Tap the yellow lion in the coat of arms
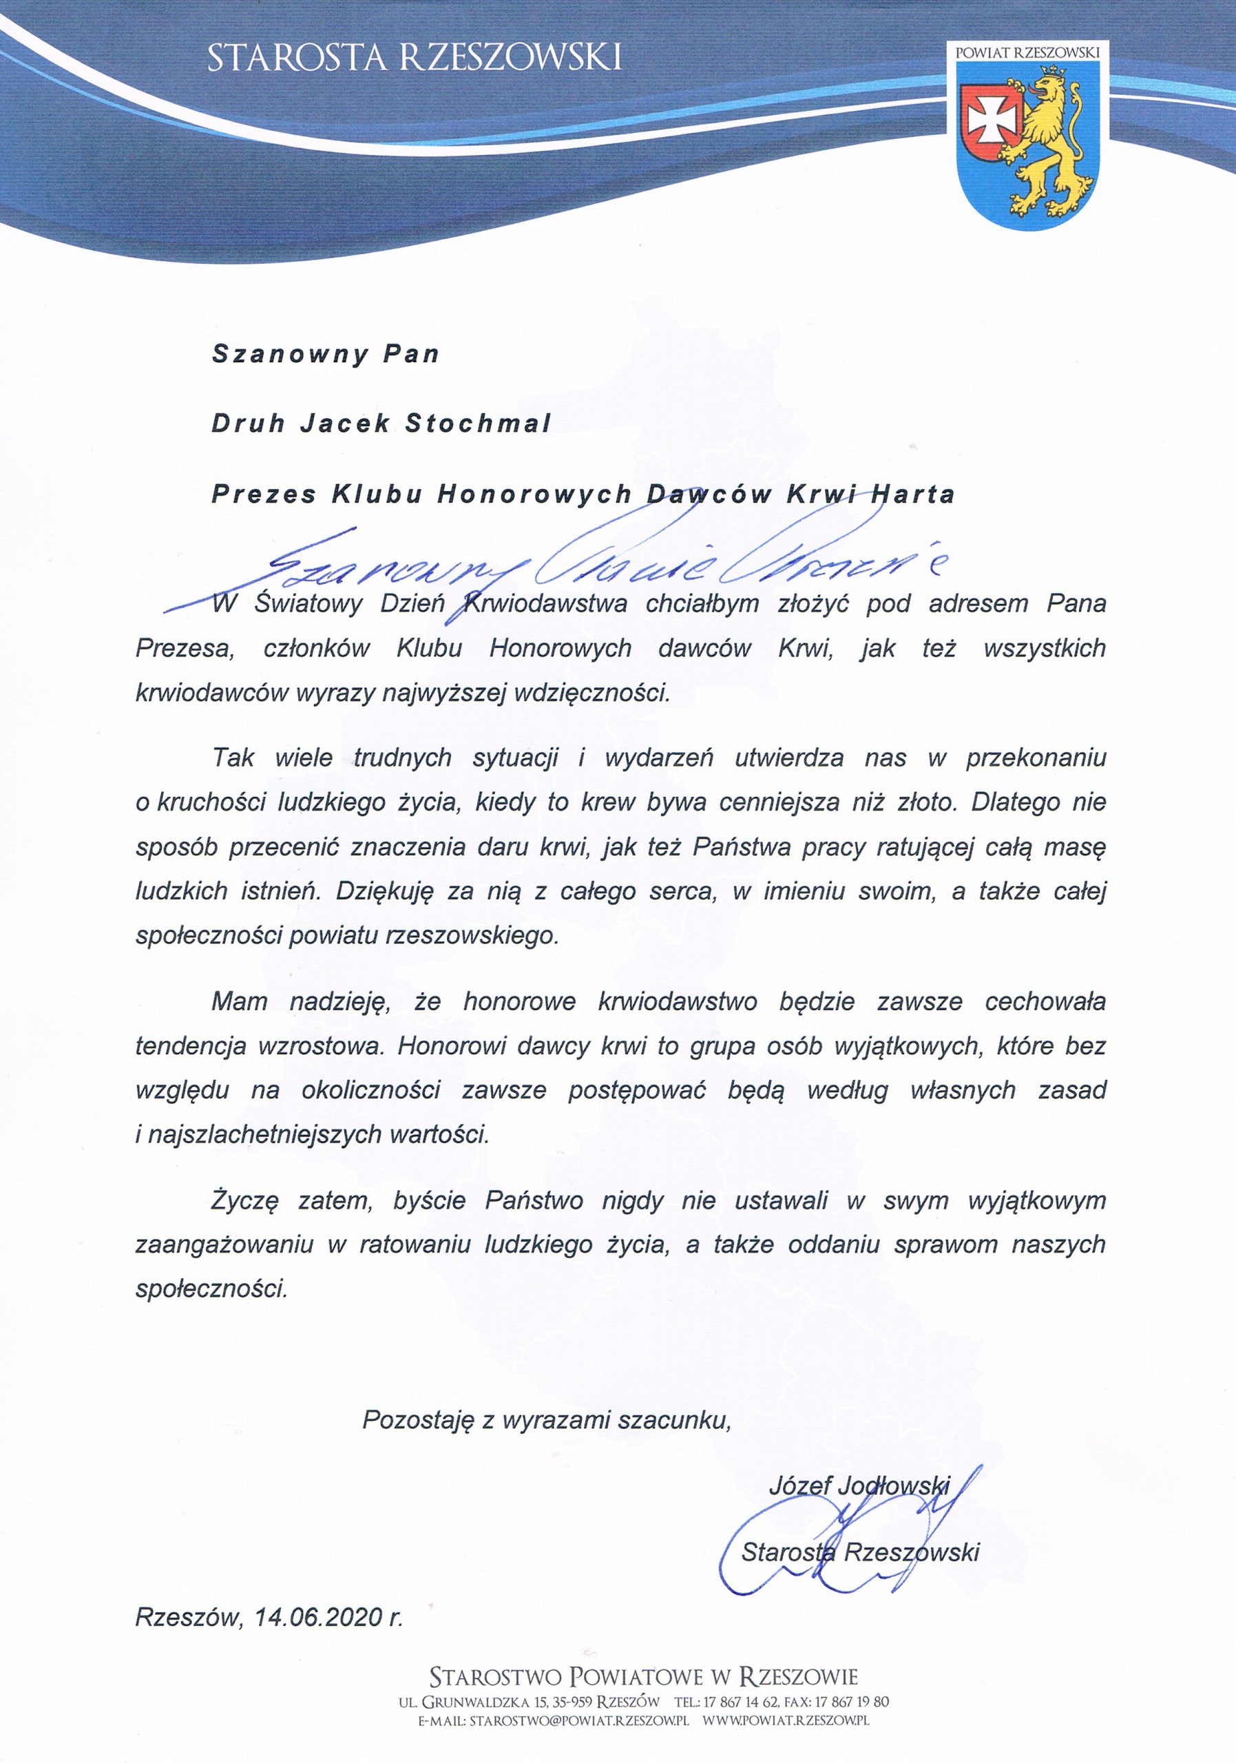pos(1051,142)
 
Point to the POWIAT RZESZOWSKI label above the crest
pos(1027,52)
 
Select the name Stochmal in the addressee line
pos(476,425)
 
